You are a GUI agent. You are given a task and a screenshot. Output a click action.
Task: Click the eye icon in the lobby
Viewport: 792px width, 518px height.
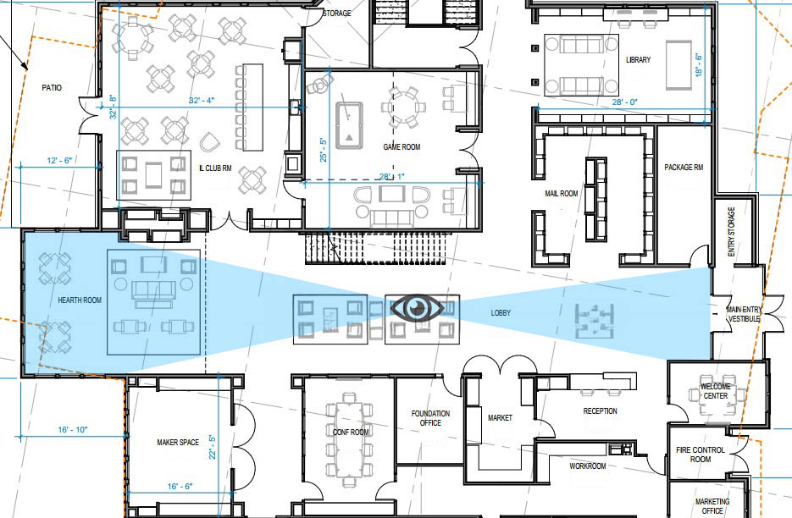[417, 308]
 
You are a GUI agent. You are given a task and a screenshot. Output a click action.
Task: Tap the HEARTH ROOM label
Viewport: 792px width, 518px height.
[80, 300]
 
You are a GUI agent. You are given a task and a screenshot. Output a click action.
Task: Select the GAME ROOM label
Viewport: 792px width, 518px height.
[402, 147]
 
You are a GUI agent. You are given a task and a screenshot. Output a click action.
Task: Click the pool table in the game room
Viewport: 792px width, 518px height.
[349, 126]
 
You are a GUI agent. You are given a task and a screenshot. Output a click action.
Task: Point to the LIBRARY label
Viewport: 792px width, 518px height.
[639, 59]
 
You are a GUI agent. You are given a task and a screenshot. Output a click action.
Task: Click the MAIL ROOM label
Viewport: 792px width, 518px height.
[561, 193]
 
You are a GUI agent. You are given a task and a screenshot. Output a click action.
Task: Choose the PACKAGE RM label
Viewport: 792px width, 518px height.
[684, 167]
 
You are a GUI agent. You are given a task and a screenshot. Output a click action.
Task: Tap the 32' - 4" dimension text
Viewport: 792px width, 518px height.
[202, 101]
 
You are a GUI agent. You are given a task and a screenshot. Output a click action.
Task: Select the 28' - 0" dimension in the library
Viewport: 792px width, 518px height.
[625, 102]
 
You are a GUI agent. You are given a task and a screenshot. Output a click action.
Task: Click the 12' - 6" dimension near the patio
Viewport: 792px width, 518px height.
[59, 161]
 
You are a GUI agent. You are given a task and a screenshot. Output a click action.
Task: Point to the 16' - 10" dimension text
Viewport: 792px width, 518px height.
[73, 430]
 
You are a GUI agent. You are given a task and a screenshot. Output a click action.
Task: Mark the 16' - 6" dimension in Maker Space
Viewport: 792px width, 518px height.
[180, 486]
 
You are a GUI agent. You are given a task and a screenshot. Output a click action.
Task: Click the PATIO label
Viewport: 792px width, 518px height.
[52, 88]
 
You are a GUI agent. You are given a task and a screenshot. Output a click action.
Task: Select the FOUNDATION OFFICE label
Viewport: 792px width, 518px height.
[430, 418]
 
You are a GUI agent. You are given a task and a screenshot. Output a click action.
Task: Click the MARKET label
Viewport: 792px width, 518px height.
[500, 418]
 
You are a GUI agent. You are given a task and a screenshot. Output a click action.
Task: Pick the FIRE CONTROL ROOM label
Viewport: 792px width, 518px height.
[701, 455]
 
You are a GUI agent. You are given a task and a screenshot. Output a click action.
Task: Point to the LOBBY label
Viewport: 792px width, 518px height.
[501, 313]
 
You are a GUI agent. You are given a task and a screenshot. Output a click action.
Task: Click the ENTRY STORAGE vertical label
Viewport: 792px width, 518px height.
[731, 232]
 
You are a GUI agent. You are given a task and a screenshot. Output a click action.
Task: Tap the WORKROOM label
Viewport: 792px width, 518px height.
[587, 466]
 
